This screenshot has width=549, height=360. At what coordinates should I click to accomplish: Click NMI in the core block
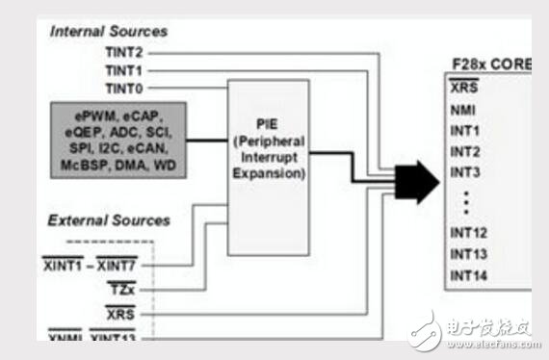463,110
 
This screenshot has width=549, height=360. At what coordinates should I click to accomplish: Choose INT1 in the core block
464,131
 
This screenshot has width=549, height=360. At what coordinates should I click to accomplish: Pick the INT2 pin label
464,152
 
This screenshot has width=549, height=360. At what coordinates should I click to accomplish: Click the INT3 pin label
464,173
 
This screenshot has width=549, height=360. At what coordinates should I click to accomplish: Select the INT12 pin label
468,234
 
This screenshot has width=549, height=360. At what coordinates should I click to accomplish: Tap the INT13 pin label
468,255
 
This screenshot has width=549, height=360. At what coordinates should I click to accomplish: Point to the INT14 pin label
468,276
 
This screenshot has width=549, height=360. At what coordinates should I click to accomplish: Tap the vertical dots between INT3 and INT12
465,203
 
